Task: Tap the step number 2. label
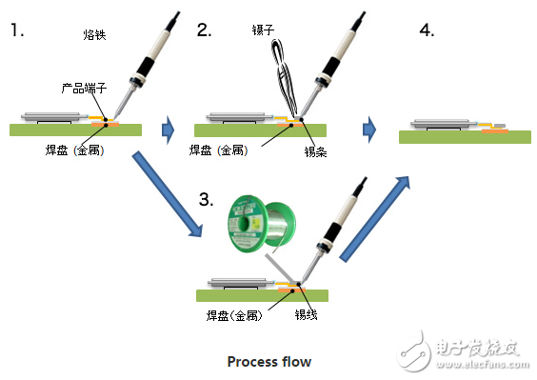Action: [x=204, y=30]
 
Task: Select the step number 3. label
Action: [x=203, y=199]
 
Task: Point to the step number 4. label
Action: [x=427, y=30]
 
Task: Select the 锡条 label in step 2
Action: [x=316, y=150]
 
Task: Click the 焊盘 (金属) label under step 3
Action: [x=233, y=315]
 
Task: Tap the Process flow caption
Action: [x=268, y=361]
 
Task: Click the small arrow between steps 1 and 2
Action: [x=169, y=126]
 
